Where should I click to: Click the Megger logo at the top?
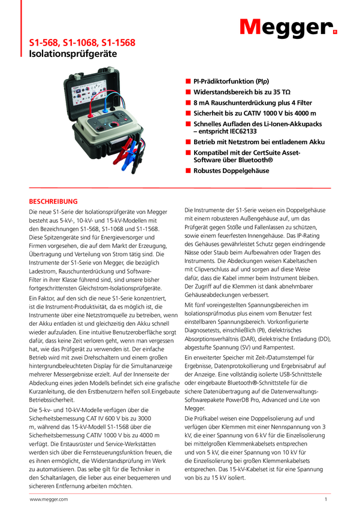(x=289, y=26)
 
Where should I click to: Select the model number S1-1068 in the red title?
(x=82, y=43)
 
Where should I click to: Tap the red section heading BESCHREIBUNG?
(x=54, y=201)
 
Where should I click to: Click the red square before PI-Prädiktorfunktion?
(x=187, y=80)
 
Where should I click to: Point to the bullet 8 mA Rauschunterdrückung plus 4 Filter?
(x=247, y=102)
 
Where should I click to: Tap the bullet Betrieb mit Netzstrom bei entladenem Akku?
(x=259, y=142)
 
